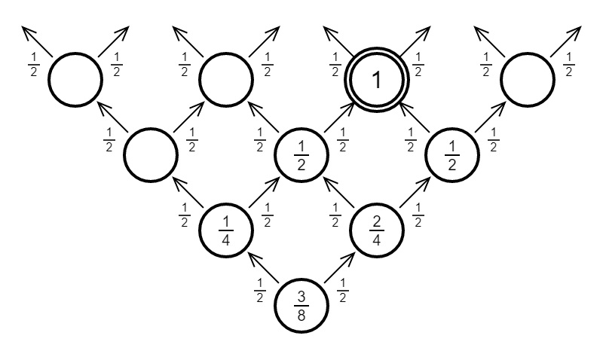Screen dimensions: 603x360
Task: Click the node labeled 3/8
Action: tap(301, 305)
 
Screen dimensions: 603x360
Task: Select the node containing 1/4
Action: tap(226, 230)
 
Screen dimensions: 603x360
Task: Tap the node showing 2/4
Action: tap(377, 230)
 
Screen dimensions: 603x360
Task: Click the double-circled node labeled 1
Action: tap(377, 80)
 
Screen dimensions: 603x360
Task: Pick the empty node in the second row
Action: tap(151, 154)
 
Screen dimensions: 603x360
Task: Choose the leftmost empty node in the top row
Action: tap(75, 80)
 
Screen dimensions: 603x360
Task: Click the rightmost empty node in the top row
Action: tap(528, 80)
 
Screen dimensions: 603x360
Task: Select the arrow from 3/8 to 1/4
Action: tap(264, 267)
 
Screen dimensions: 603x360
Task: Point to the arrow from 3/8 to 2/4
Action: tap(339, 267)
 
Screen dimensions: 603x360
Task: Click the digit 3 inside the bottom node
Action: tap(301, 296)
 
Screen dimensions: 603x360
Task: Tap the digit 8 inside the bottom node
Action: tap(301, 315)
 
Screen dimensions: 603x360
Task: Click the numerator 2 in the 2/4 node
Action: tap(377, 221)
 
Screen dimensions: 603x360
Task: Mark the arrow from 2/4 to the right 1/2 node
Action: tap(415, 192)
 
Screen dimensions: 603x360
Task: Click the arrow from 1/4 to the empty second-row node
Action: tap(188, 192)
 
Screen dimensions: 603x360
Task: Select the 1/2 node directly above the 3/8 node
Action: tap(301, 154)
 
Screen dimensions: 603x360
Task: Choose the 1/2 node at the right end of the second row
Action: tap(452, 154)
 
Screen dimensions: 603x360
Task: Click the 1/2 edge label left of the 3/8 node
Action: tap(259, 291)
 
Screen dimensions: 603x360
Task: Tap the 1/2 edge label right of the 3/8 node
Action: tap(343, 291)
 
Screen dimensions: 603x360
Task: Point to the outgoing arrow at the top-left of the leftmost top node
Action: tap(37, 41)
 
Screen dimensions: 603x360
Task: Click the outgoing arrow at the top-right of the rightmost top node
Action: tap(566, 41)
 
